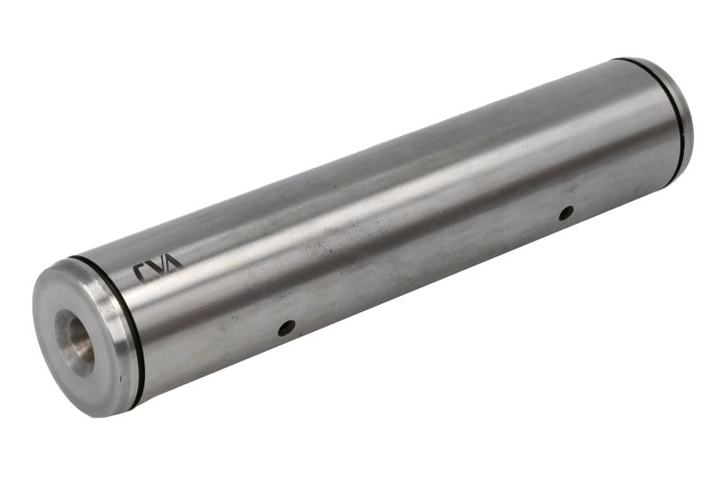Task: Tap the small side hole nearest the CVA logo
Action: [x=286, y=328]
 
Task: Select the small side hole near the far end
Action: [x=566, y=213]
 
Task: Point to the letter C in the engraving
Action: [x=141, y=272]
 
